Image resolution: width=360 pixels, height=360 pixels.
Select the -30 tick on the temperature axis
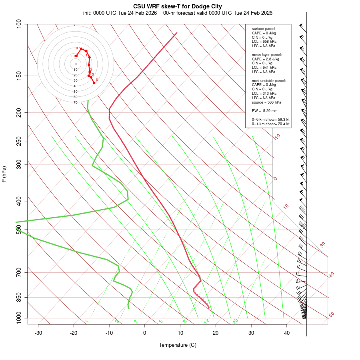tap(38, 333)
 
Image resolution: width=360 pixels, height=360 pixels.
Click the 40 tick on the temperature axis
tap(287, 333)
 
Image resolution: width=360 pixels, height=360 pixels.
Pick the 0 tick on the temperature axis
tap(145, 333)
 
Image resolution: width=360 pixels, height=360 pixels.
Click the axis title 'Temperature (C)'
tap(178, 345)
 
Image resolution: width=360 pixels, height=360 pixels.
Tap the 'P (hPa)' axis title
tap(4, 174)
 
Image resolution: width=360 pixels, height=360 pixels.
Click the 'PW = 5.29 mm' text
tap(264, 111)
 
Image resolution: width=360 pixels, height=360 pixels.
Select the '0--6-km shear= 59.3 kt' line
tap(270, 120)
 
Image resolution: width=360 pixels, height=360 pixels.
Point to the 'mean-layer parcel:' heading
tap(266, 54)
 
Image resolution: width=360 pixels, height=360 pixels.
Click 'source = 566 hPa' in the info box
tap(265, 102)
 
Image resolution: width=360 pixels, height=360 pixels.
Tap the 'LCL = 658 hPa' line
tap(264, 42)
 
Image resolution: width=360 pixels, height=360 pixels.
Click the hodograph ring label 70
tap(75, 102)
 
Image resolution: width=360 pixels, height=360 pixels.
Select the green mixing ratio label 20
tap(236, 321)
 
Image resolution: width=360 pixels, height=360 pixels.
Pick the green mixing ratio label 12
tap(207, 321)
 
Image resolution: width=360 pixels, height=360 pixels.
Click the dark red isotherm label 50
tap(331, 314)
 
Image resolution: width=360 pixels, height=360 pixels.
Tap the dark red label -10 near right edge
tap(277, 137)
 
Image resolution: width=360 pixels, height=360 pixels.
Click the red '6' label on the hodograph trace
tap(97, 80)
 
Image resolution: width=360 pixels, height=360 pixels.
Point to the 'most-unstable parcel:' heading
tap(268, 80)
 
